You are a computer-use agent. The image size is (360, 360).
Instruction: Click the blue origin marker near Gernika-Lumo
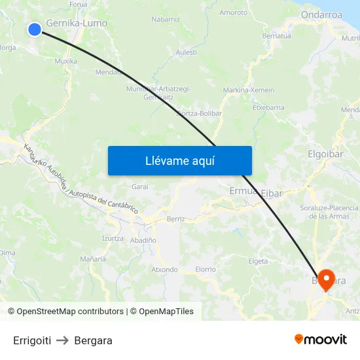(x=35, y=28)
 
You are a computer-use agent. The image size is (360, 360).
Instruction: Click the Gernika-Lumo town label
(x=77, y=23)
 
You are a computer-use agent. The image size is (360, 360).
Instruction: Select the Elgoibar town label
(x=325, y=154)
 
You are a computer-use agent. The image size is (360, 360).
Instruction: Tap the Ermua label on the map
(x=243, y=191)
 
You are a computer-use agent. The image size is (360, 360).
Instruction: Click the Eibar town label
(x=272, y=193)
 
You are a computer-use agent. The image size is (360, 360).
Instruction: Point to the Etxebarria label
(x=268, y=107)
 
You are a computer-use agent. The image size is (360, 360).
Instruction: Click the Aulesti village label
(x=186, y=52)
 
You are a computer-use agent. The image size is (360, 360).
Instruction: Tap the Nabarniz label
(x=166, y=20)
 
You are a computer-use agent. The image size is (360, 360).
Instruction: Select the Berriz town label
(x=176, y=219)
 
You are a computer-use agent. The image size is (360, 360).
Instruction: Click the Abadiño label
(x=143, y=240)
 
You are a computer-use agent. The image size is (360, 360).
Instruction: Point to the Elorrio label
(x=206, y=269)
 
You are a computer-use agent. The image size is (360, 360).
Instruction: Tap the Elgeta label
(x=258, y=261)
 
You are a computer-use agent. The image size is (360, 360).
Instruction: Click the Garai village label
(x=140, y=187)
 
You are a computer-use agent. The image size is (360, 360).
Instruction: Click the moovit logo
(x=320, y=339)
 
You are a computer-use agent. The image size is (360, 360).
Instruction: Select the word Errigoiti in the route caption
(x=32, y=340)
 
